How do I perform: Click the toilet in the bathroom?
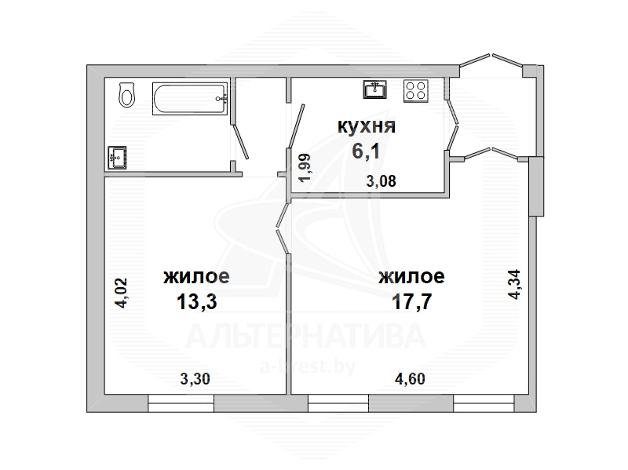click(x=126, y=94)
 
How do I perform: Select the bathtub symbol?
click(x=190, y=99)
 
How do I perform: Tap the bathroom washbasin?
click(x=117, y=158)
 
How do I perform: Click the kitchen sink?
click(x=375, y=89)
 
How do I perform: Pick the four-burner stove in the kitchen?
click(x=416, y=91)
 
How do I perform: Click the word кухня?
click(x=367, y=126)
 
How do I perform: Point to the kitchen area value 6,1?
click(x=366, y=151)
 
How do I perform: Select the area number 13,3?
click(x=197, y=301)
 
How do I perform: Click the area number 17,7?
click(x=411, y=301)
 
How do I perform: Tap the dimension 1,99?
click(x=305, y=168)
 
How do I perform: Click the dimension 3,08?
click(x=382, y=181)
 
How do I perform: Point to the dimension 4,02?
click(x=121, y=293)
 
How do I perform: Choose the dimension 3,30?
click(x=195, y=379)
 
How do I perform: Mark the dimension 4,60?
click(x=410, y=379)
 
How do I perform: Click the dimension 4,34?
click(x=514, y=284)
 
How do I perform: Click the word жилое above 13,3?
click(x=196, y=277)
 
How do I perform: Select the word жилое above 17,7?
click(x=411, y=277)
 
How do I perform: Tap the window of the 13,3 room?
click(x=181, y=403)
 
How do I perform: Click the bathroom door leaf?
click(x=241, y=141)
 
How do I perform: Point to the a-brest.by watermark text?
click(x=308, y=366)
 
